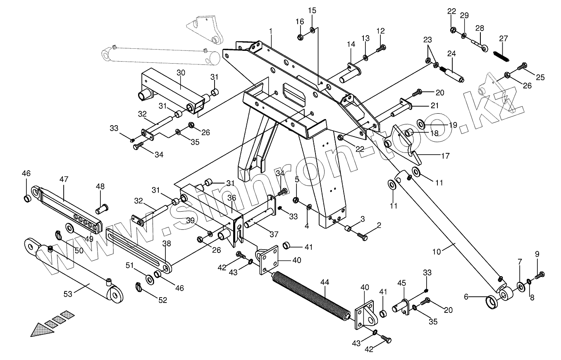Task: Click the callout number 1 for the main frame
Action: pyautogui.click(x=271, y=31)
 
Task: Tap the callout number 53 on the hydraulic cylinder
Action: pyautogui.click(x=68, y=294)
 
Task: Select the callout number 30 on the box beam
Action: pyautogui.click(x=181, y=73)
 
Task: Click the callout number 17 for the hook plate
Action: pyautogui.click(x=445, y=156)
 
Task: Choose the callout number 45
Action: pyautogui.click(x=402, y=283)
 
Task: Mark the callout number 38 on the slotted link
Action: pyautogui.click(x=167, y=244)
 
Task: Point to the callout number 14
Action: pyautogui.click(x=351, y=44)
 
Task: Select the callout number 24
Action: pyautogui.click(x=451, y=54)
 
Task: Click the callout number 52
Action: pyautogui.click(x=163, y=300)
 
